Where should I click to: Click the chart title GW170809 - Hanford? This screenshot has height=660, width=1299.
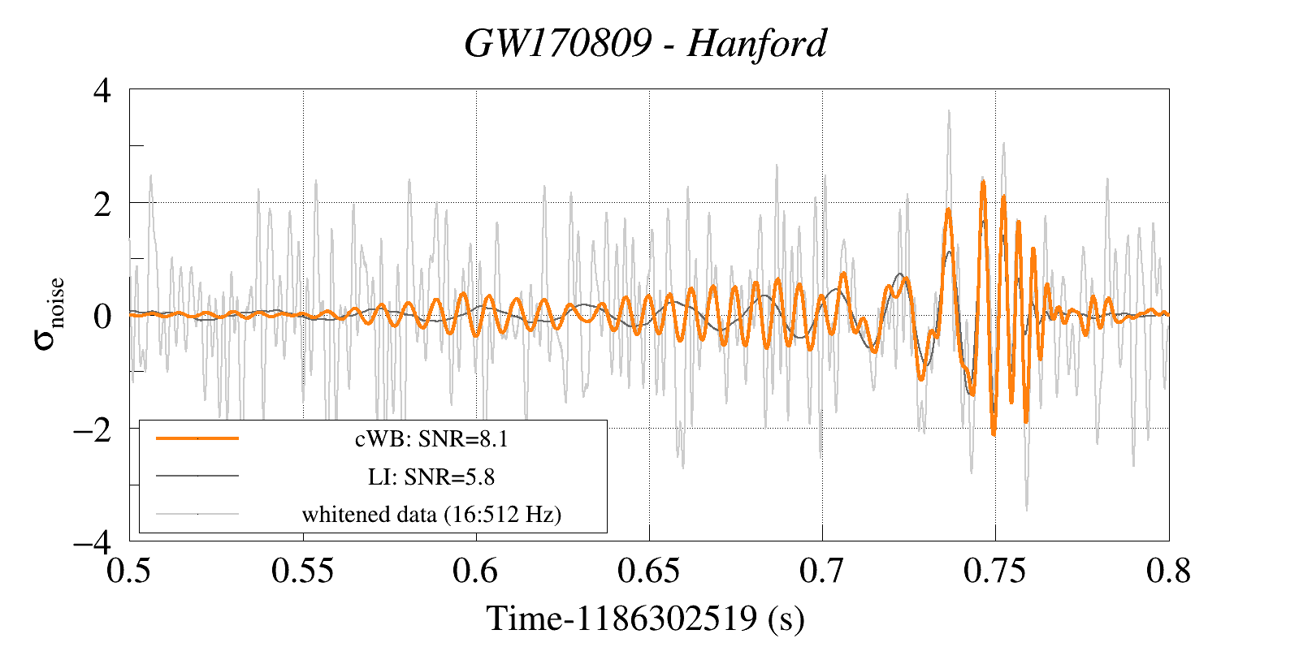coord(646,44)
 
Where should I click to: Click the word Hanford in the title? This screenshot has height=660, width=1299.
coord(756,44)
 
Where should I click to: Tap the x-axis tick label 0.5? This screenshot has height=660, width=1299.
coord(130,572)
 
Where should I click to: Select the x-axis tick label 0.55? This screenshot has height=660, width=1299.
coord(303,572)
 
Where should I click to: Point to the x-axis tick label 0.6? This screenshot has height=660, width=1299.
coord(476,572)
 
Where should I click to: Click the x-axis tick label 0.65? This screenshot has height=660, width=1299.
coord(649,572)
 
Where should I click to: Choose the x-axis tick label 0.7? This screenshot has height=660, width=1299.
coord(822,572)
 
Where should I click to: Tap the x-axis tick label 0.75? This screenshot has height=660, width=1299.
coord(995,572)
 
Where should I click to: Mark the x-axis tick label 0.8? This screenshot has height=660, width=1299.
coord(1168,572)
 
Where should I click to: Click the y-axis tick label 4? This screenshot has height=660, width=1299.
coord(102,90)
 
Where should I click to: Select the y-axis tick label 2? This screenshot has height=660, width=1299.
coord(102,204)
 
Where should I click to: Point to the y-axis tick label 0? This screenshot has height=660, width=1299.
coord(102,316)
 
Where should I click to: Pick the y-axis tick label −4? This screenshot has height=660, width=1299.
coord(93,541)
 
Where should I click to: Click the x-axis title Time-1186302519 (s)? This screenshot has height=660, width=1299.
coord(646,619)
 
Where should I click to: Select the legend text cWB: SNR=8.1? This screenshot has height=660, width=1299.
coord(431,439)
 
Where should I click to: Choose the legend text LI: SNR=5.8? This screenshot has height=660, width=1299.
coord(431,477)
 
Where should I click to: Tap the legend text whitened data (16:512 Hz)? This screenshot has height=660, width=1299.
coord(431,514)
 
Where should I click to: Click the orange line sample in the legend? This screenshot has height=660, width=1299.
coord(197,438)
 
